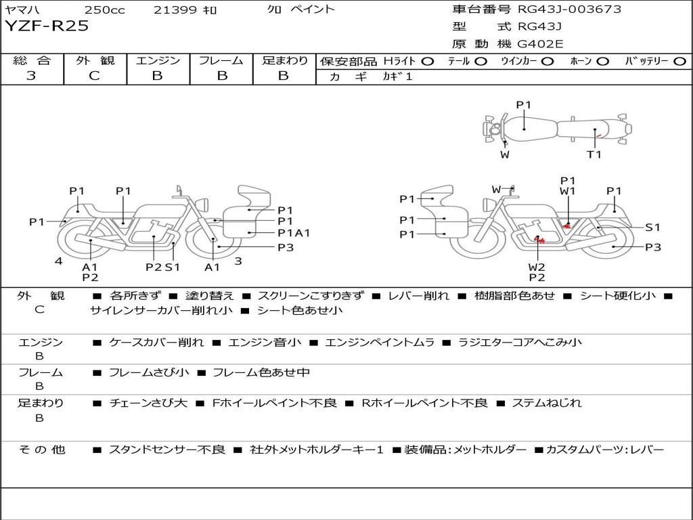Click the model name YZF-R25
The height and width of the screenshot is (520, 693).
tap(47, 26)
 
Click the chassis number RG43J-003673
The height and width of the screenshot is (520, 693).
tap(569, 9)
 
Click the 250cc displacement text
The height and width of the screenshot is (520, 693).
tap(104, 9)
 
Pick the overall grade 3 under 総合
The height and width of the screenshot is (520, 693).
tap(31, 76)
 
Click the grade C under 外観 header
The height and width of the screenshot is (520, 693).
tap(94, 76)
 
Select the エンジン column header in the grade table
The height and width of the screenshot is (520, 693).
tap(158, 60)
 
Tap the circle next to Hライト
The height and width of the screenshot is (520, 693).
tap(428, 62)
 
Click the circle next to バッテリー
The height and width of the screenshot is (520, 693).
tap(679, 62)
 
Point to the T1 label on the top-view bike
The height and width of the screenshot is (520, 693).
tap(594, 154)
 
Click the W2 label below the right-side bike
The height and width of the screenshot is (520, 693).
tap(537, 267)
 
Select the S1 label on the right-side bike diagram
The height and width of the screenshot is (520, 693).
tap(652, 227)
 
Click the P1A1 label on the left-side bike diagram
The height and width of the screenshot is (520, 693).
tap(294, 233)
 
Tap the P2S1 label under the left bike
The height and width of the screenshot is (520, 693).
tap(162, 267)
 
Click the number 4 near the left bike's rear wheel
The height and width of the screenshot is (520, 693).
tap(59, 261)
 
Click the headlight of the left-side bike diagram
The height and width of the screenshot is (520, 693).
tap(203, 205)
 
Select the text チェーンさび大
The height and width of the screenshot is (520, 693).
tap(148, 403)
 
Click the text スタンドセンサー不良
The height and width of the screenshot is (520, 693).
tap(167, 450)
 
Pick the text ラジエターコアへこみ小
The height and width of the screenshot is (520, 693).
tap(520, 342)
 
